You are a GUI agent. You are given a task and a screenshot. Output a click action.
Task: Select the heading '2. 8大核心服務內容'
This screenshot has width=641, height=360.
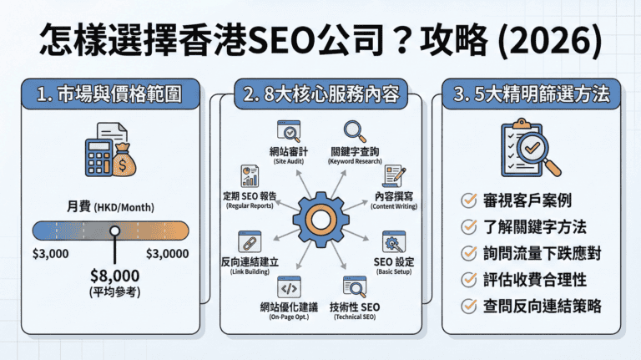(x=320, y=94)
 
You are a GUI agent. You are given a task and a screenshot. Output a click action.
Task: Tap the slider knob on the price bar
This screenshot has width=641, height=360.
(x=114, y=235)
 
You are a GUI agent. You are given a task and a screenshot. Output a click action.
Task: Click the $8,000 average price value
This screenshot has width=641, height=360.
(x=114, y=275)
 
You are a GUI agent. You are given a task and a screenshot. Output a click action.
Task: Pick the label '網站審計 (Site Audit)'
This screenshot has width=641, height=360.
(x=290, y=155)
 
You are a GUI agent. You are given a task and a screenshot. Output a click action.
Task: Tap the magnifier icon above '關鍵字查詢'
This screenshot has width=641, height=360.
(x=356, y=131)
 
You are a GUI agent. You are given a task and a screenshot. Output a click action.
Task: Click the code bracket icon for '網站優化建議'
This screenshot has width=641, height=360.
(x=290, y=288)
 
